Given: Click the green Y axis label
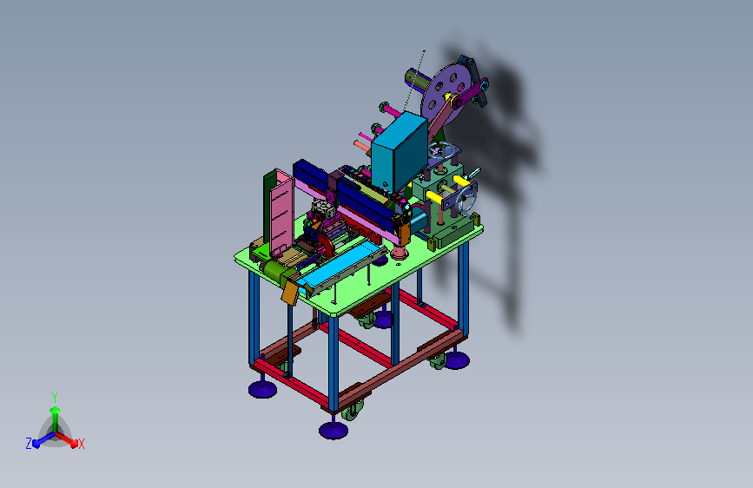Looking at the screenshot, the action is [55, 397].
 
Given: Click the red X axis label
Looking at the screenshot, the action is [81, 444].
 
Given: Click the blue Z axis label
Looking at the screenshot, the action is [29, 444].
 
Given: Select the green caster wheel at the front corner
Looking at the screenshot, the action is [352, 412].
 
